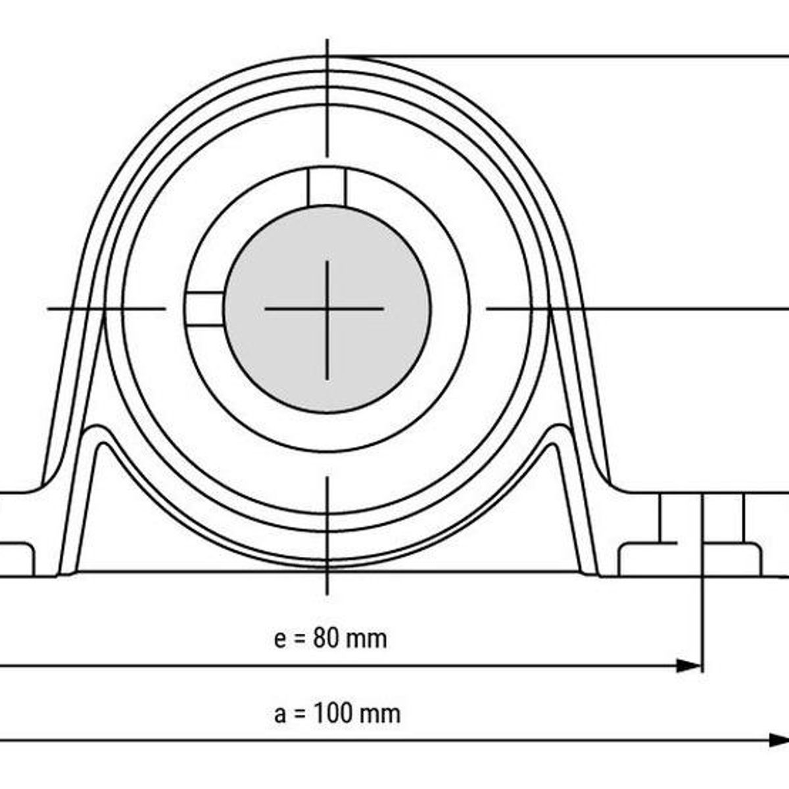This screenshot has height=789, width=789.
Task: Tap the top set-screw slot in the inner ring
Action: [327, 187]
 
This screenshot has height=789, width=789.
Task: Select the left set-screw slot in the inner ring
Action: [203, 308]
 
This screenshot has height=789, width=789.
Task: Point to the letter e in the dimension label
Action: [281, 640]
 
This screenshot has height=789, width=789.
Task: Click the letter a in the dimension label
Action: [281, 715]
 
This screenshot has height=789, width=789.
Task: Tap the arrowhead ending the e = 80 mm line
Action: [690, 666]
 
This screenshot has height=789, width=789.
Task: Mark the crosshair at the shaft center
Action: [327, 308]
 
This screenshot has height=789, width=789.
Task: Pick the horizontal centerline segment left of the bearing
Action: [105, 308]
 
